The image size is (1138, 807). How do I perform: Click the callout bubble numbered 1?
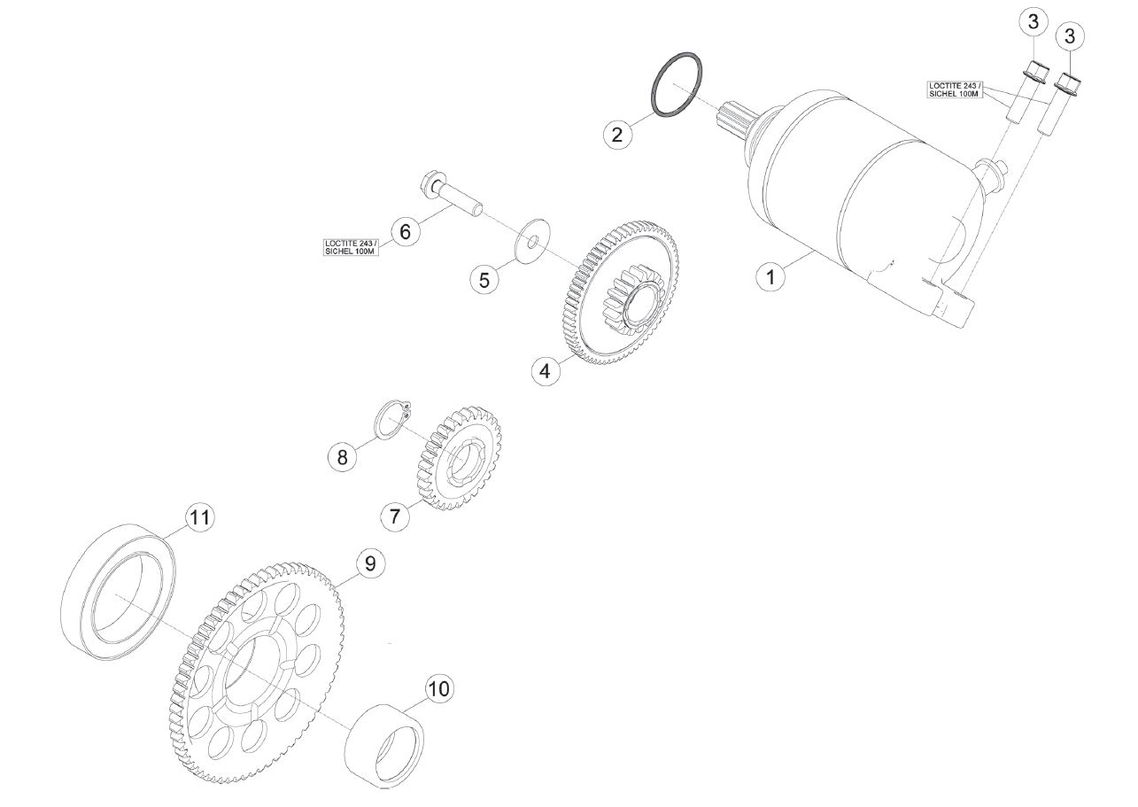tap(770, 277)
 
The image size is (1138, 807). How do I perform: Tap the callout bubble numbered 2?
tap(617, 135)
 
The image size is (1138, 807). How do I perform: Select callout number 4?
tap(546, 371)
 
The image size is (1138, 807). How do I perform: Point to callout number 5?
tap(484, 280)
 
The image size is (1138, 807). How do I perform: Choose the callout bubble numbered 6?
tap(406, 232)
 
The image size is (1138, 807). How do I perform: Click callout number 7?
tap(395, 516)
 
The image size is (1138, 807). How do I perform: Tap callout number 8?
tap(343, 457)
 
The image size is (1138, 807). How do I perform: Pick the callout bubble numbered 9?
tap(370, 563)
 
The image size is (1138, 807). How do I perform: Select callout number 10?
tap(439, 688)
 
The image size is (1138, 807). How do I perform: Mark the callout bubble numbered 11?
tap(199, 517)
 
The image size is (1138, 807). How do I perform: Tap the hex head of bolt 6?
tap(432, 182)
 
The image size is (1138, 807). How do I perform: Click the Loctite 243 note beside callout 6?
tap(352, 247)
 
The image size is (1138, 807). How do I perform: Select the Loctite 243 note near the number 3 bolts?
tap(955, 89)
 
